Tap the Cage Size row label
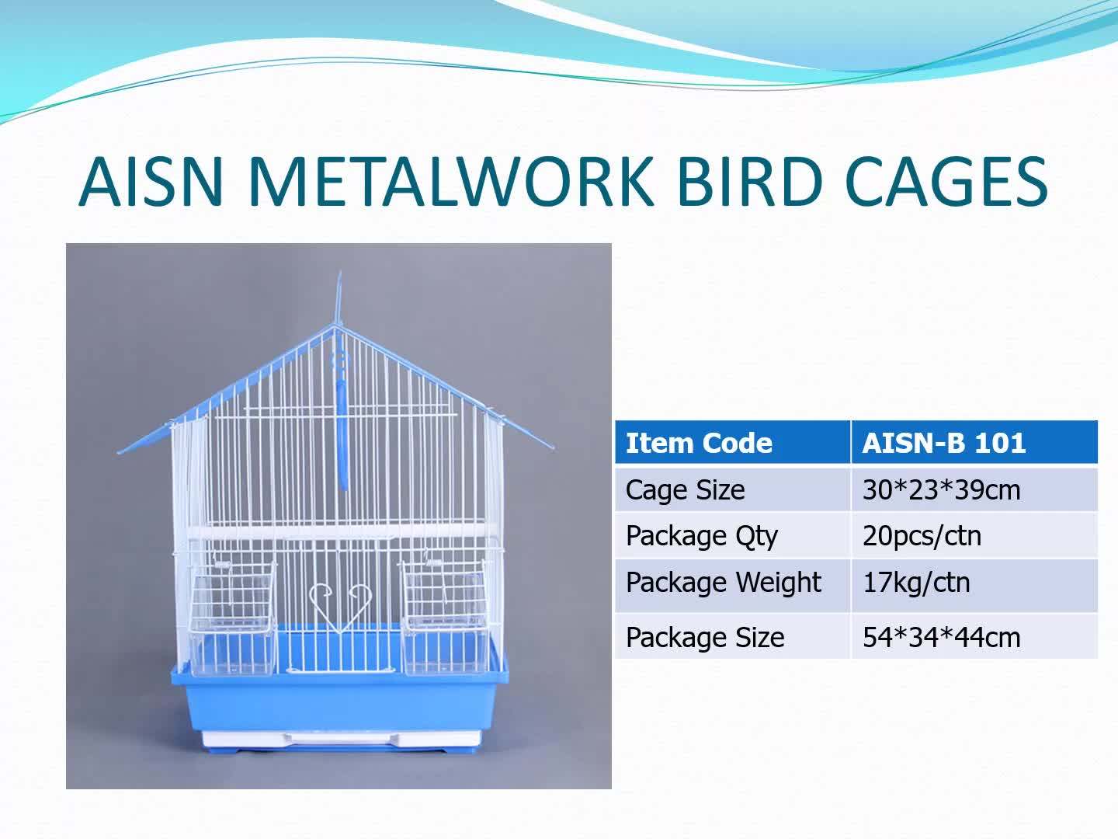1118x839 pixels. (685, 490)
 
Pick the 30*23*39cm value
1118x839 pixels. (941, 490)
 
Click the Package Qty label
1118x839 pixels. (701, 536)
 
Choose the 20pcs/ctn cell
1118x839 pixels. (922, 536)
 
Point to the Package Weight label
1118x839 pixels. (723, 583)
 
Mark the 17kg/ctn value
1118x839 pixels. (916, 583)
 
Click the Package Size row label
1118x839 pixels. (705, 638)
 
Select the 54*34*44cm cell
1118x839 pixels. (941, 638)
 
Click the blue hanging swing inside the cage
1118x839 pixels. (340, 427)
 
